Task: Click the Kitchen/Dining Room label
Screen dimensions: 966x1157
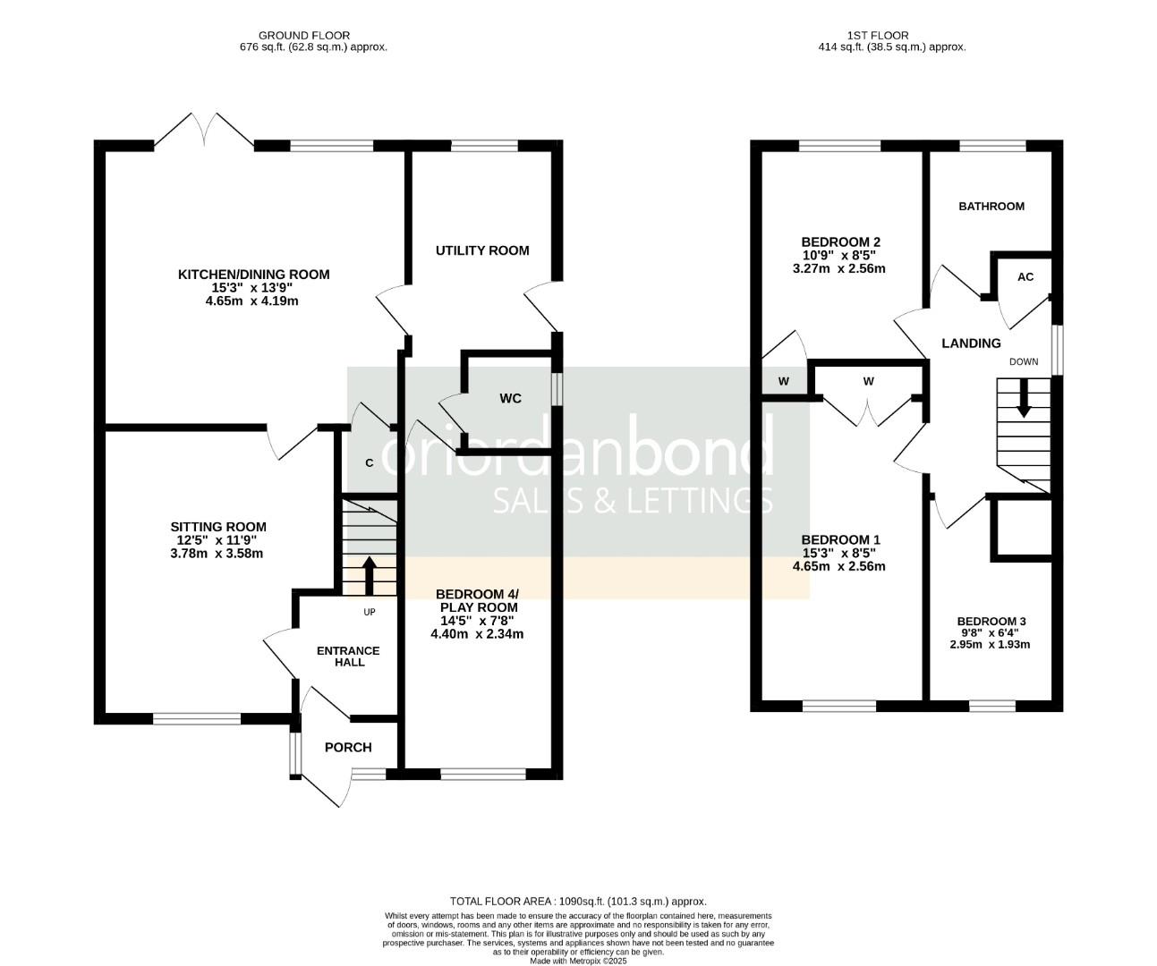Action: pos(253,275)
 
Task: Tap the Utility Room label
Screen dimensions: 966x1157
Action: pos(482,250)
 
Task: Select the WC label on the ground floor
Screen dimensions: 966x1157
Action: pos(510,399)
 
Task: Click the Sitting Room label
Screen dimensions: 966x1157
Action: pos(218,527)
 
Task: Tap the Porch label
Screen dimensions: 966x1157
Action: pos(347,748)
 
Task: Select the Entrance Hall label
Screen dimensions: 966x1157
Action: pos(348,657)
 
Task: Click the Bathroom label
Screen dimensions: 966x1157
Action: pos(991,207)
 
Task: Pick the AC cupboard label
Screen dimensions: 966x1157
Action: pos(1025,277)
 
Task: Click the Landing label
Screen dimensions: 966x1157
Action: pos(971,343)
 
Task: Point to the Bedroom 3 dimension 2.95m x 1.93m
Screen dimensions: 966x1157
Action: pos(990,644)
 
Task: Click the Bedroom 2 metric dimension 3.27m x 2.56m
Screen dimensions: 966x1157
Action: pos(839,268)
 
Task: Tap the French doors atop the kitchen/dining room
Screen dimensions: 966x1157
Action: pos(204,131)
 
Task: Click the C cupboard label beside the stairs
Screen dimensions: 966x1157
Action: pos(369,463)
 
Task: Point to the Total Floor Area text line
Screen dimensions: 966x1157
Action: pos(577,902)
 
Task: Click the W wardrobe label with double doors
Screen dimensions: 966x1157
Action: pos(868,382)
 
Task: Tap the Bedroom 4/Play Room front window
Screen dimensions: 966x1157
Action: pos(484,772)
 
